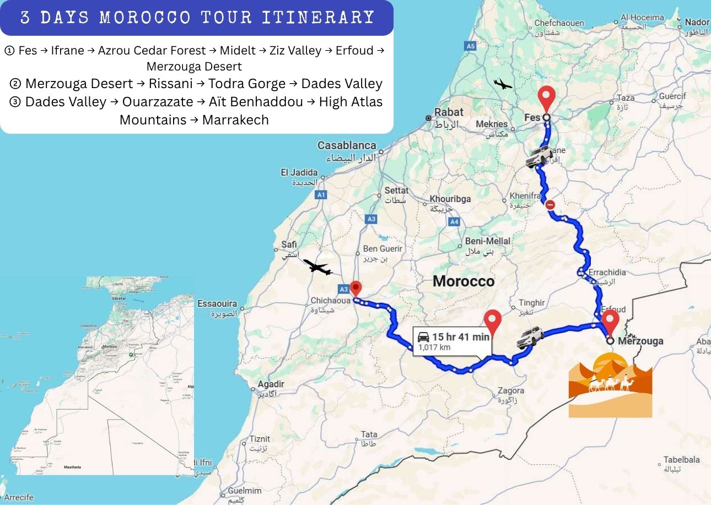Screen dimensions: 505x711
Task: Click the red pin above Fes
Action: pos(546,97)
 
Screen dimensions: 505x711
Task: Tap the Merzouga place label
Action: pos(640,341)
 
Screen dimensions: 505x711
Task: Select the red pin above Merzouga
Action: pos(610,321)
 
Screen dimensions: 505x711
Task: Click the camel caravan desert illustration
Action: pos(610,385)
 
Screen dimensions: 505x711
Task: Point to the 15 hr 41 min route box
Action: pos(452,341)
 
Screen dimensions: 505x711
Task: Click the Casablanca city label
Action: pos(347,145)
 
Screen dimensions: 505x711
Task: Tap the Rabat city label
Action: pos(448,112)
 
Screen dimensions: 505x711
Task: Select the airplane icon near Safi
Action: pos(317,268)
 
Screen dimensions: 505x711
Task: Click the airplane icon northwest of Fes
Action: pos(502,84)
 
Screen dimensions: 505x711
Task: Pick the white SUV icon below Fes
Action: pos(538,156)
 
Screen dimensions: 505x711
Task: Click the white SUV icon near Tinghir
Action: pos(530,337)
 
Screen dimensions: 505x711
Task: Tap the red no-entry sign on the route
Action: pos(550,205)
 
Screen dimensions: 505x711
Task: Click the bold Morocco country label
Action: pos(463,281)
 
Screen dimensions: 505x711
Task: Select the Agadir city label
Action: pos(271,384)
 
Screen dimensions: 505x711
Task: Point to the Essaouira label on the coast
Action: pos(217,303)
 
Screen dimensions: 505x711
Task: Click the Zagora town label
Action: pos(510,390)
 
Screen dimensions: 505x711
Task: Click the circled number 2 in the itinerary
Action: pos(15,84)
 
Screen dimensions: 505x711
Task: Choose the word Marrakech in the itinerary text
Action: pos(235,120)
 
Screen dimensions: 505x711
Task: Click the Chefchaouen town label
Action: pos(559,23)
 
